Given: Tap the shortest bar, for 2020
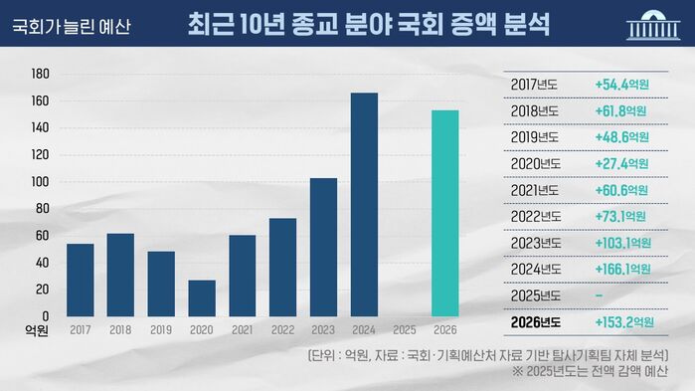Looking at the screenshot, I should coord(201,297).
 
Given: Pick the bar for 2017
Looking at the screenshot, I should coord(80,280).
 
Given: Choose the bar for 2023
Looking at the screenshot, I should coord(323,247).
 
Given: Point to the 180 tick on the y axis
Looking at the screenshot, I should coord(41,74).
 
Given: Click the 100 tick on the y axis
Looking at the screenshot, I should coord(41,182).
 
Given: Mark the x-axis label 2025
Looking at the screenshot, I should coord(404,328).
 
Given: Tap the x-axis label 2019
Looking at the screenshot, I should coord(161,328).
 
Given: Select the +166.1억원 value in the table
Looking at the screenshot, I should coord(621,269).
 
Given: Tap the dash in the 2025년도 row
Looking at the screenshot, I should coord(598,295).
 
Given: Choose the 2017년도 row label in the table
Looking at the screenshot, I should coord(534,83).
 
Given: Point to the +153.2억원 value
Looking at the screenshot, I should coord(623,321).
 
